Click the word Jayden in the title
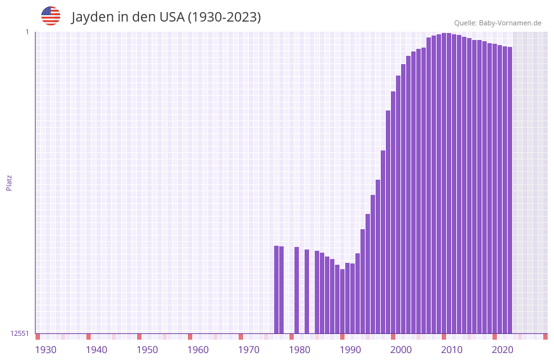(x=92, y=17)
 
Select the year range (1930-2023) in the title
(x=224, y=17)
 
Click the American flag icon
(x=51, y=16)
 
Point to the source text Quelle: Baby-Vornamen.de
(x=498, y=23)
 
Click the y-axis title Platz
(x=9, y=182)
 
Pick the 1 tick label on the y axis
(x=27, y=32)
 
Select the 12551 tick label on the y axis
(x=20, y=333)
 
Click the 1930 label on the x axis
(x=46, y=350)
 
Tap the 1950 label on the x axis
(x=147, y=350)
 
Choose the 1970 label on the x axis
(x=249, y=350)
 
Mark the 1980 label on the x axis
(x=300, y=350)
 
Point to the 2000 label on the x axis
(x=401, y=350)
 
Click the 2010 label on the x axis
(x=452, y=350)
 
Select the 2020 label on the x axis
(x=503, y=350)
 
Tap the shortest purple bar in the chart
(x=342, y=301)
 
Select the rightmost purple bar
(x=510, y=190)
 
